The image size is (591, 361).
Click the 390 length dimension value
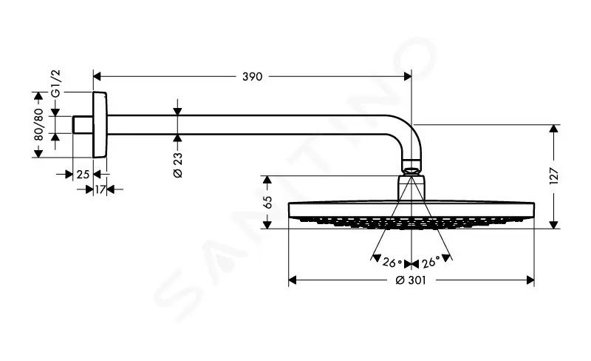coord(252,77)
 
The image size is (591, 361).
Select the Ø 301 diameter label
coord(411,280)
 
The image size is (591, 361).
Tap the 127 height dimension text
coord(553,176)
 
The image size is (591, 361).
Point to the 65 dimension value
coord(267,202)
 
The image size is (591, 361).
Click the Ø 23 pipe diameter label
coord(177,165)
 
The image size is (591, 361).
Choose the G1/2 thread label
coord(55,84)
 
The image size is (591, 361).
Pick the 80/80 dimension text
coord(38,124)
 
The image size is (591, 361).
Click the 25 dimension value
coord(83,175)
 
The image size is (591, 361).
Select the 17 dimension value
coord(100,189)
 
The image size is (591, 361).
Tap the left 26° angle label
coord(392,263)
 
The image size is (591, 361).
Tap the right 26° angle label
coord(431,262)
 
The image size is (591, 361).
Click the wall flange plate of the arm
coord(100,124)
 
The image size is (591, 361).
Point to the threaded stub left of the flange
coord(83,124)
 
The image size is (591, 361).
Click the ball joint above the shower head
coord(411,167)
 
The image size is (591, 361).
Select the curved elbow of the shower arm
coord(404,137)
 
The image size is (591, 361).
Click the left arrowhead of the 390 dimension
coord(97,77)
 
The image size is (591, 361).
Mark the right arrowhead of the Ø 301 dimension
coord(530,280)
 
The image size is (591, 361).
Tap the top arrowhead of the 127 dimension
coord(553,129)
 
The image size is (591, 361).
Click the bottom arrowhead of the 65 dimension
coord(267,225)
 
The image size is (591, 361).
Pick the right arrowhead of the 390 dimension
coord(408,77)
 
